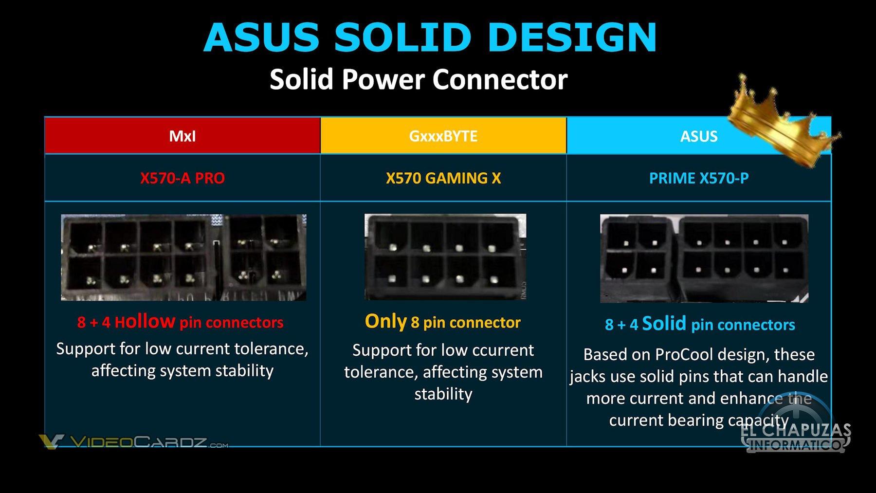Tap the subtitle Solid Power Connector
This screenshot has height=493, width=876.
tap(419, 79)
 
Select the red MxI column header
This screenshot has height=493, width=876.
tap(182, 136)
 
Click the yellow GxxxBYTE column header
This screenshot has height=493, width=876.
tap(443, 136)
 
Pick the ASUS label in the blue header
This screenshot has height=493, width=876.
tap(699, 136)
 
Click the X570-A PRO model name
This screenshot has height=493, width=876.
tap(182, 178)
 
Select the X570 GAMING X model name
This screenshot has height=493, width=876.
tap(443, 178)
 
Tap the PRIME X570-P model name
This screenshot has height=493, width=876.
tap(699, 178)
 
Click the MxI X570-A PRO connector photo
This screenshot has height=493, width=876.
tap(183, 257)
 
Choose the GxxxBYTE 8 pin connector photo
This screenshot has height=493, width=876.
tap(445, 256)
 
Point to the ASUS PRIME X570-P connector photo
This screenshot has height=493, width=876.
tap(704, 258)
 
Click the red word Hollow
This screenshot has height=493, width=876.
tap(145, 322)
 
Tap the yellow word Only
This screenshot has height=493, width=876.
tap(385, 321)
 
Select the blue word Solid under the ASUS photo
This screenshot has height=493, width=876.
tap(664, 324)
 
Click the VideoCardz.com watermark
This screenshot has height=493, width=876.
tap(134, 442)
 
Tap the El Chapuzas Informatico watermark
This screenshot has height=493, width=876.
tap(796, 437)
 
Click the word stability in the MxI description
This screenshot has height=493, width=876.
tap(244, 371)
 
